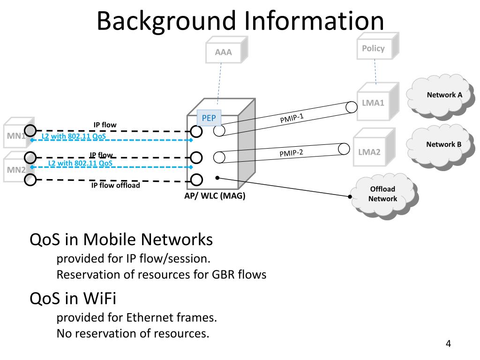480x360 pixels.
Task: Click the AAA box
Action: coord(224,52)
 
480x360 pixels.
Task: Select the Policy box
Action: coord(373,48)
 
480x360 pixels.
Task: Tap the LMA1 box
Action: coord(373,103)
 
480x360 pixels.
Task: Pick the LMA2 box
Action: coord(369,152)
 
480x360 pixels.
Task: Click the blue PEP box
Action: coord(209,118)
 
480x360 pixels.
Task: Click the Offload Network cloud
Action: coord(382,194)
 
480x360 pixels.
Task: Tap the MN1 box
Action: coord(16,136)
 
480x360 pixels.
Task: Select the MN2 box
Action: coord(15,170)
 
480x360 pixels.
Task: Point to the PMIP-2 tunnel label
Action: coord(292,153)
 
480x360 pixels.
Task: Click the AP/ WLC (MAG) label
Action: coord(215,196)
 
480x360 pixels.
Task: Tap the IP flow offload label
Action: coord(115,185)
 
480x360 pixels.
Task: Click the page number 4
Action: coord(448,344)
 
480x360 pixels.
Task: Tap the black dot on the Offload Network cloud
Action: coord(351,196)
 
